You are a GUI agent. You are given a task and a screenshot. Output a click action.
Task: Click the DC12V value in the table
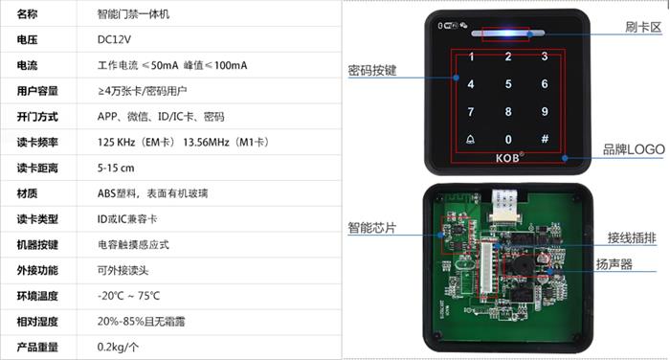point(114,40)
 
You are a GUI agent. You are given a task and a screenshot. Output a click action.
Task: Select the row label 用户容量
point(37,91)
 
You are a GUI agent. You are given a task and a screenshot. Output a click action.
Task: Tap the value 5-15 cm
point(116,168)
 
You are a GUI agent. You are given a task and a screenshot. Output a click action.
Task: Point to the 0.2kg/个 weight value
point(118,347)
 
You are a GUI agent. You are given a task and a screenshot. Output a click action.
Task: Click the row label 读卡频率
point(37,143)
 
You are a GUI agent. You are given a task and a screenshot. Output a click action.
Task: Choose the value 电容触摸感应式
point(133,244)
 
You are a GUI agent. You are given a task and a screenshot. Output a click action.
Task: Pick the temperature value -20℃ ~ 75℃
point(128,296)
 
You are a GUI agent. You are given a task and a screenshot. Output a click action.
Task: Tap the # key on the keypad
point(545,139)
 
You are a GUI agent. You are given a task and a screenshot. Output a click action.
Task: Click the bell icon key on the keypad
point(471,140)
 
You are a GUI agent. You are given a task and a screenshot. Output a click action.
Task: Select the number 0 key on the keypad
point(508,140)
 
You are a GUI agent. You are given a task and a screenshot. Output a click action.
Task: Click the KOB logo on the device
point(509,157)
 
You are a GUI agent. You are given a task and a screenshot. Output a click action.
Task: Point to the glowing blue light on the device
point(507,33)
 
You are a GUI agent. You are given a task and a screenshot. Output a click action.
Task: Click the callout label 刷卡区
point(643,27)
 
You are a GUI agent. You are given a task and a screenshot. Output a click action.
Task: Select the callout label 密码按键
point(372,71)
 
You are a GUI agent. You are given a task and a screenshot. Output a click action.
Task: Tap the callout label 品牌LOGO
point(634,149)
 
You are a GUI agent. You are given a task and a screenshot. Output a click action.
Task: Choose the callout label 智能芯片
point(372,228)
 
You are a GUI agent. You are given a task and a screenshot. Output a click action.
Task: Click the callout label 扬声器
point(614,264)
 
